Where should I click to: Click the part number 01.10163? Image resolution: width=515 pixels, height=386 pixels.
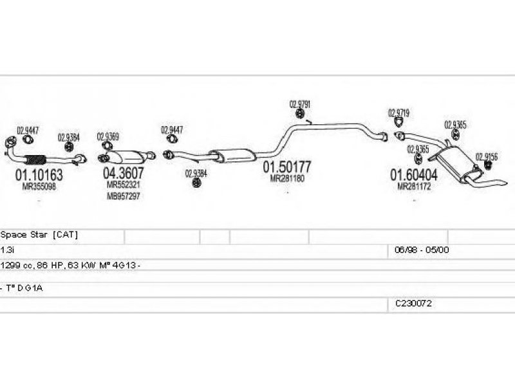pos(39,174)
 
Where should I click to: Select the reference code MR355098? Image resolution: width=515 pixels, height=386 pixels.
pos(39,186)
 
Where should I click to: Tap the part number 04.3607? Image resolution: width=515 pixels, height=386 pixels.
pos(124,173)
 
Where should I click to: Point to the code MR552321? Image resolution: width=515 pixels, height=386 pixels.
pos(124,185)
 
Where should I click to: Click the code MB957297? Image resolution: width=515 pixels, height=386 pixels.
pos(124,196)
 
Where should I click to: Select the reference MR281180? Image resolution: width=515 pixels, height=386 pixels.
pos(286,178)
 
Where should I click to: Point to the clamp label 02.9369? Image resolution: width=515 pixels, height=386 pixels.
pos(108,136)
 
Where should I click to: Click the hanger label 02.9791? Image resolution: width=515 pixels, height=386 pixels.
pos(300,104)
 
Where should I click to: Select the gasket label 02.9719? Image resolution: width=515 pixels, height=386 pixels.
pos(398,113)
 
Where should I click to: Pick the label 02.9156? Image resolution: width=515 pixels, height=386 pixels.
pos(486,156)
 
